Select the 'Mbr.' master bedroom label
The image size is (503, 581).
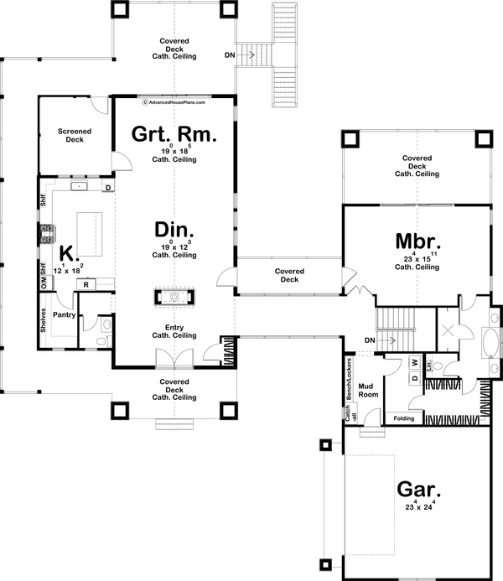pos(418,241)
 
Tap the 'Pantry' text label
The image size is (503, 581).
pos(64,316)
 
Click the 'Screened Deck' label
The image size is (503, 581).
pos(75,135)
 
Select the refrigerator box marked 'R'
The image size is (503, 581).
pos(86,285)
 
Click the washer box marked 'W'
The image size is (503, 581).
pos(414,363)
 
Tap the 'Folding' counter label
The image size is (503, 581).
pos(403,418)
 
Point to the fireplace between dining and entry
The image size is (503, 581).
pos(174,297)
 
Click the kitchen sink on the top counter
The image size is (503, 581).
pos(80,187)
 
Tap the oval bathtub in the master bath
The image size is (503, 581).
pos(490,345)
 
